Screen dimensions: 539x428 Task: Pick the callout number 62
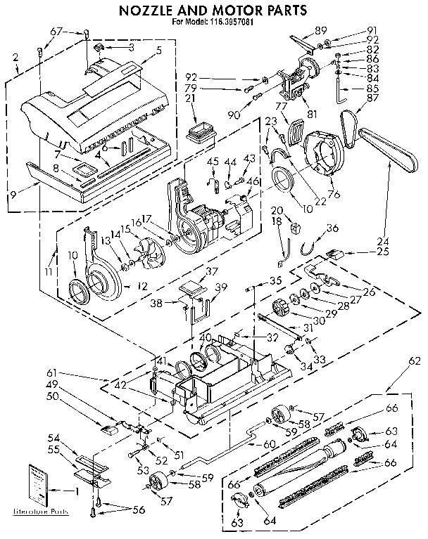pyautogui.click(x=415, y=361)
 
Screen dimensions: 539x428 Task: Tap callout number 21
pyautogui.click(x=189, y=99)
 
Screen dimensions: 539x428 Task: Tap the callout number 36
pyautogui.click(x=332, y=227)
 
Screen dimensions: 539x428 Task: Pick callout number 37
pyautogui.click(x=212, y=272)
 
